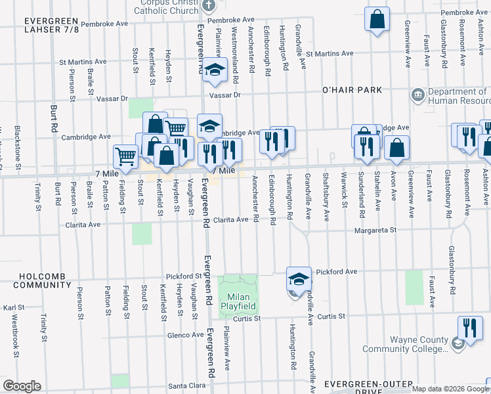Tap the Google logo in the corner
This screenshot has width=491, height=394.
(x=22, y=386)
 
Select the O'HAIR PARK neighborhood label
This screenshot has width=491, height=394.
(x=351, y=89)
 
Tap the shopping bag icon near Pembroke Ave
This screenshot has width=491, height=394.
(x=377, y=20)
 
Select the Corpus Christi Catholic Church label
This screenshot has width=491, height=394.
(x=167, y=7)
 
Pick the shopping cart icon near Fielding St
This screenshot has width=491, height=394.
(x=125, y=157)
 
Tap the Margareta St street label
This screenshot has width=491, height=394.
(x=375, y=230)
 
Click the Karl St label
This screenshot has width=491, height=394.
(x=13, y=307)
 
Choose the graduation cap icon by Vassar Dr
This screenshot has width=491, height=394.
(x=213, y=72)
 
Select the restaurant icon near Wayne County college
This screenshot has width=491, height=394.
(x=469, y=327)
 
